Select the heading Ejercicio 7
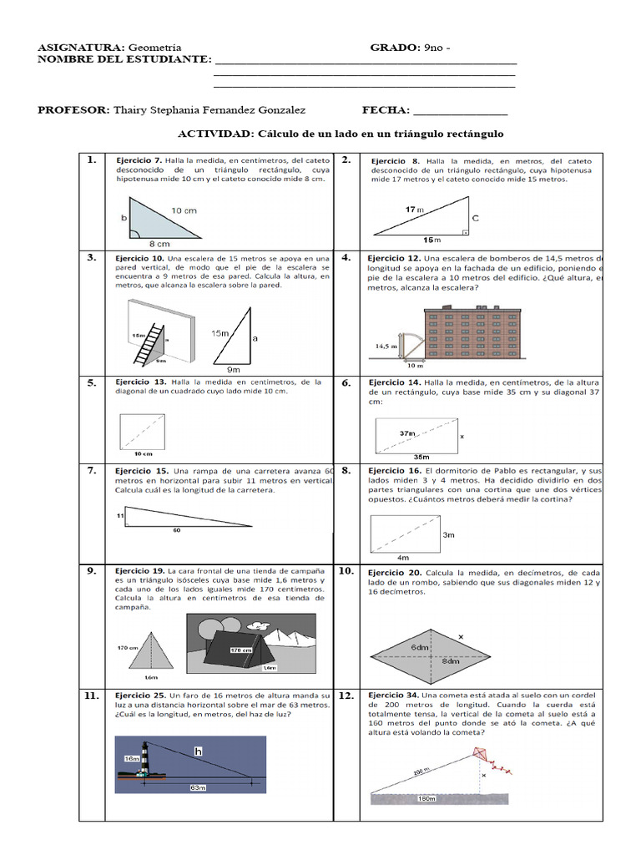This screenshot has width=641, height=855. (x=139, y=159)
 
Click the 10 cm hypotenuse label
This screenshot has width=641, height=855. (x=184, y=210)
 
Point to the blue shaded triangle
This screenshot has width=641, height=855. (x=159, y=220)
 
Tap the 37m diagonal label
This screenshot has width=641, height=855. (x=407, y=433)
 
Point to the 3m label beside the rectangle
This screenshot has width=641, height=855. (x=448, y=534)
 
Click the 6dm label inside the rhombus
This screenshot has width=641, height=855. (x=419, y=647)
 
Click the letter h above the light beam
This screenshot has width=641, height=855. (x=198, y=751)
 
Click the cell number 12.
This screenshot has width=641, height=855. (x=346, y=695)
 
